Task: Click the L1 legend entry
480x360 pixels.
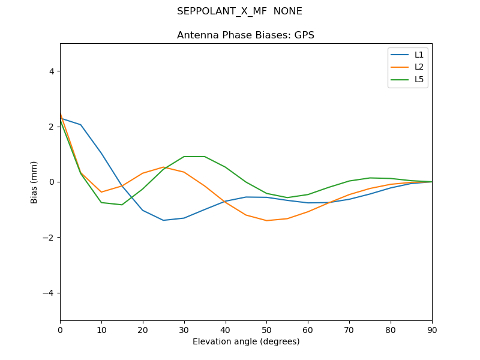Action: pos(419,55)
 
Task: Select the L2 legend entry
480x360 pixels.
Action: pos(419,67)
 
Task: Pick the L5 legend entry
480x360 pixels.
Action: pos(419,79)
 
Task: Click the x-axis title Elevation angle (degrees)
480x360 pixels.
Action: pos(246,341)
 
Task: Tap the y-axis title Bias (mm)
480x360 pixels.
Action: pos(34,182)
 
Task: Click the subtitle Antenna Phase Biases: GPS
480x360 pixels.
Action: pos(245,35)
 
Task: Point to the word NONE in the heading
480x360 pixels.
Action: pos(287,11)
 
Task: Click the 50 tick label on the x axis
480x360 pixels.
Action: pos(266,329)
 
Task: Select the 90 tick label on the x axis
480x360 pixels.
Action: pos(432,329)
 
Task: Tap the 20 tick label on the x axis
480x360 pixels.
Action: pos(143,329)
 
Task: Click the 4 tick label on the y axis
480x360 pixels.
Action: pos(51,71)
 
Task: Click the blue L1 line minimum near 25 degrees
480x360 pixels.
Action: pos(163,220)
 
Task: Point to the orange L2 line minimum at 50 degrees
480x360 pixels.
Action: pos(266,220)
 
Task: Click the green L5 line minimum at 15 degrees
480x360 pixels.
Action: pos(122,205)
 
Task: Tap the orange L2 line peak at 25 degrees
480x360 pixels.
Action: pos(163,167)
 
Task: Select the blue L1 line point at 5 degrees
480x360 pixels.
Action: pos(80,125)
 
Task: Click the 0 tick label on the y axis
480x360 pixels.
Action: pos(51,182)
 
